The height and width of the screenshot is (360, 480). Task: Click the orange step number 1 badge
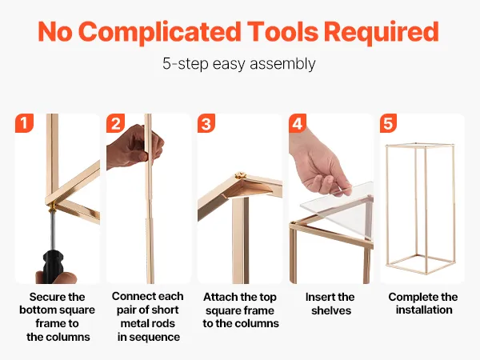coord(24,123)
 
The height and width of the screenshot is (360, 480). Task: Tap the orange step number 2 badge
coord(115,123)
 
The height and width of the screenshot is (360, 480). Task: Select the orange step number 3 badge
coord(206,123)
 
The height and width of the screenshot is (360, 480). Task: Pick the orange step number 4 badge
coord(298,123)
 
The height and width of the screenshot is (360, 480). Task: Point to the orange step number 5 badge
coord(389,123)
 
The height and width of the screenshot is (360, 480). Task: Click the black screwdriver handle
coord(54,266)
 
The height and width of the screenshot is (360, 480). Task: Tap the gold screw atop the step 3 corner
coord(240,176)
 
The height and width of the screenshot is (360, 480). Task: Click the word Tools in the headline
coord(283,31)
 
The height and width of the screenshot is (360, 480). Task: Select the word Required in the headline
coord(382,31)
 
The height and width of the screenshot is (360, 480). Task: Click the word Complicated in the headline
coord(162,33)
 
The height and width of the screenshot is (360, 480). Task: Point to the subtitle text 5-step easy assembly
coord(239,64)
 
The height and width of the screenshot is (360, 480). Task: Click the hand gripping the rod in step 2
coord(134,146)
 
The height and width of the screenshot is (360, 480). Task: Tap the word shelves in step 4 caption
coord(331,310)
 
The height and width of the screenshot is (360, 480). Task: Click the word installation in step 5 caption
coord(424,310)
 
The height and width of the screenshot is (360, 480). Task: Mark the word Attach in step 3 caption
coord(220,297)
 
